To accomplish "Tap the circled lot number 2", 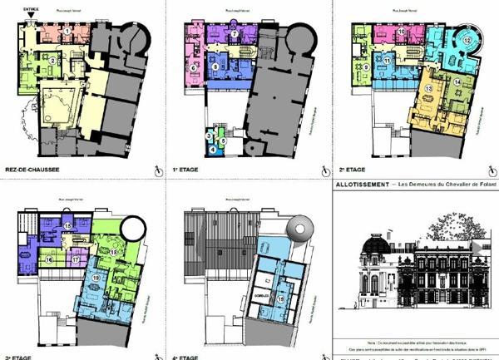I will [x=52, y=61].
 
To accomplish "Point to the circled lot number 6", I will [x=194, y=67].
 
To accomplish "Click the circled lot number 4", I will [x=212, y=149].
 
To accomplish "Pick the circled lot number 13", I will [x=428, y=89].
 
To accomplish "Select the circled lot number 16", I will [x=50, y=260].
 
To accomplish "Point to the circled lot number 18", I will [x=112, y=251].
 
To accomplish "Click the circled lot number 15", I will [x=67, y=226].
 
